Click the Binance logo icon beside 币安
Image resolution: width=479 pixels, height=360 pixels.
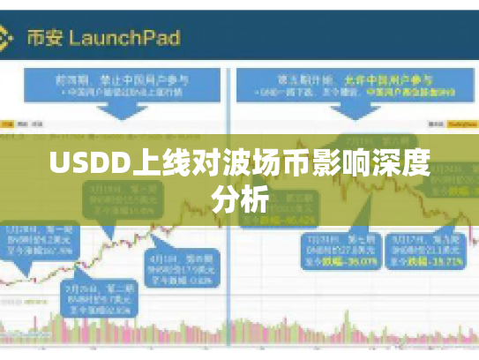(x=6, y=38)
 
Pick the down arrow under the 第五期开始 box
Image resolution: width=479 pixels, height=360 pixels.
(x=353, y=119)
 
